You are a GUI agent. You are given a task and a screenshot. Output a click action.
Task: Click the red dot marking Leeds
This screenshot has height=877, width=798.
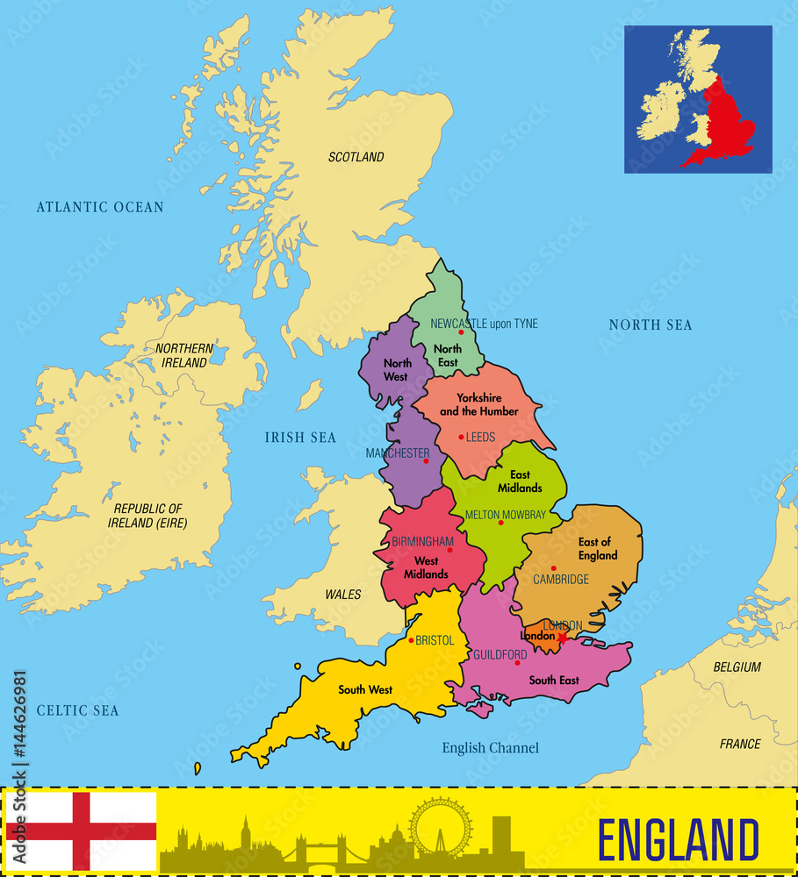click(x=461, y=437)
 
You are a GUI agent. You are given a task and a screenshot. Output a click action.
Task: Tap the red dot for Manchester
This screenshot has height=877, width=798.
click(x=426, y=460)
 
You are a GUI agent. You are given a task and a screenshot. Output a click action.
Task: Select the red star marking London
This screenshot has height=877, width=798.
click(x=562, y=637)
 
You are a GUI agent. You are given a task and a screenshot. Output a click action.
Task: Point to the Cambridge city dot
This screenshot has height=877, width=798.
click(x=553, y=568)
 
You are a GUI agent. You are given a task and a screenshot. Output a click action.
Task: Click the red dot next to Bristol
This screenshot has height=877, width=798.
click(x=411, y=640)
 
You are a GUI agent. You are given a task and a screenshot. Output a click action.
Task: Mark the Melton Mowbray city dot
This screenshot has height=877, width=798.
click(x=500, y=523)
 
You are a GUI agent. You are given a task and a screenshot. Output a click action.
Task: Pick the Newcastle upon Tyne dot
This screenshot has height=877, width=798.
click(x=461, y=332)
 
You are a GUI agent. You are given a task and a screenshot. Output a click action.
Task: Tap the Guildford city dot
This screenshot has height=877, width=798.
click(x=517, y=662)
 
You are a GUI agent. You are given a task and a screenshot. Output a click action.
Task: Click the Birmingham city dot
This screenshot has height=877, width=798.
click(x=449, y=550)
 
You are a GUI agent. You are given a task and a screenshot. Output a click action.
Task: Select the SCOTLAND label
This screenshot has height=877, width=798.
click(x=356, y=157)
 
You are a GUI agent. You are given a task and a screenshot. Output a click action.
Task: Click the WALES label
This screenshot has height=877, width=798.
click(x=343, y=595)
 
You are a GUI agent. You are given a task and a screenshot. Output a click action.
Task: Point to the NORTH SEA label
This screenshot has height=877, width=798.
click(x=651, y=325)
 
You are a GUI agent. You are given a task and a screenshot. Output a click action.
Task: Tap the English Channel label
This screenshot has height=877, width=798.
click(x=490, y=748)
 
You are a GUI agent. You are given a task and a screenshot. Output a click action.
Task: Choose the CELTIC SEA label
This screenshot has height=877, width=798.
click(x=78, y=710)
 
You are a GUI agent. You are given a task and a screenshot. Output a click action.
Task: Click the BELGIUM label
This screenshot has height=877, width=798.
click(x=737, y=667)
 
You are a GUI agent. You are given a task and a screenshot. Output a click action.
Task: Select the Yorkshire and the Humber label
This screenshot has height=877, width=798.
click(x=478, y=404)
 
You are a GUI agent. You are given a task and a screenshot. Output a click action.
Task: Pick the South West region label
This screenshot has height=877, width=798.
click(x=365, y=690)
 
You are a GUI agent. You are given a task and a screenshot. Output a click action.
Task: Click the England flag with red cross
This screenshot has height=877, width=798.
click(x=81, y=831)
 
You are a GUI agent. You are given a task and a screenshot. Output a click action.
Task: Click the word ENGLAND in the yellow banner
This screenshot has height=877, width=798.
click(x=678, y=839)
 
